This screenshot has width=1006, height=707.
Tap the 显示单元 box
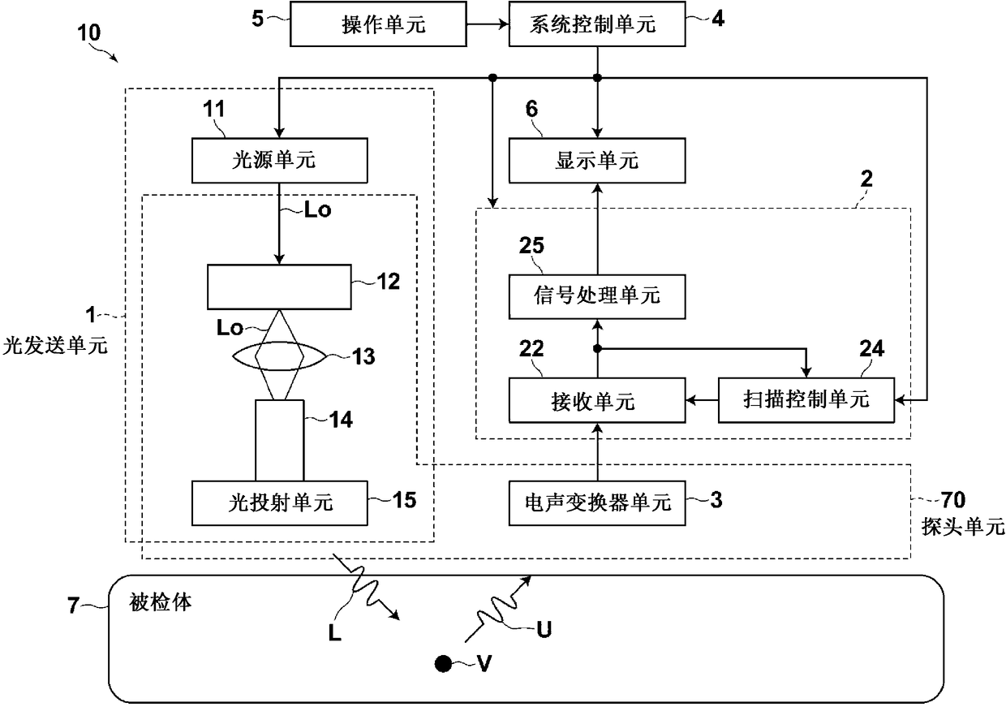(597, 161)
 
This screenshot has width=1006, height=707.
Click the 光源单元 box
(280, 161)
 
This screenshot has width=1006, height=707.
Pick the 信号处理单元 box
(597, 295)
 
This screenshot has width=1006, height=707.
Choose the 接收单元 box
(597, 401)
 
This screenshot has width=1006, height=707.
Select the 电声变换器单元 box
(597, 503)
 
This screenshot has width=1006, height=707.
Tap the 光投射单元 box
(280, 503)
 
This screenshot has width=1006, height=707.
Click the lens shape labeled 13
(280, 355)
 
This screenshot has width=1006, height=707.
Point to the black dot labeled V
(443, 664)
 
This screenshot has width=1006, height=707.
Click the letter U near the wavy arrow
(544, 630)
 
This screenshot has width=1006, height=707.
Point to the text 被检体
(161, 603)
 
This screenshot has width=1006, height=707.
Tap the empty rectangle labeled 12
(280, 287)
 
